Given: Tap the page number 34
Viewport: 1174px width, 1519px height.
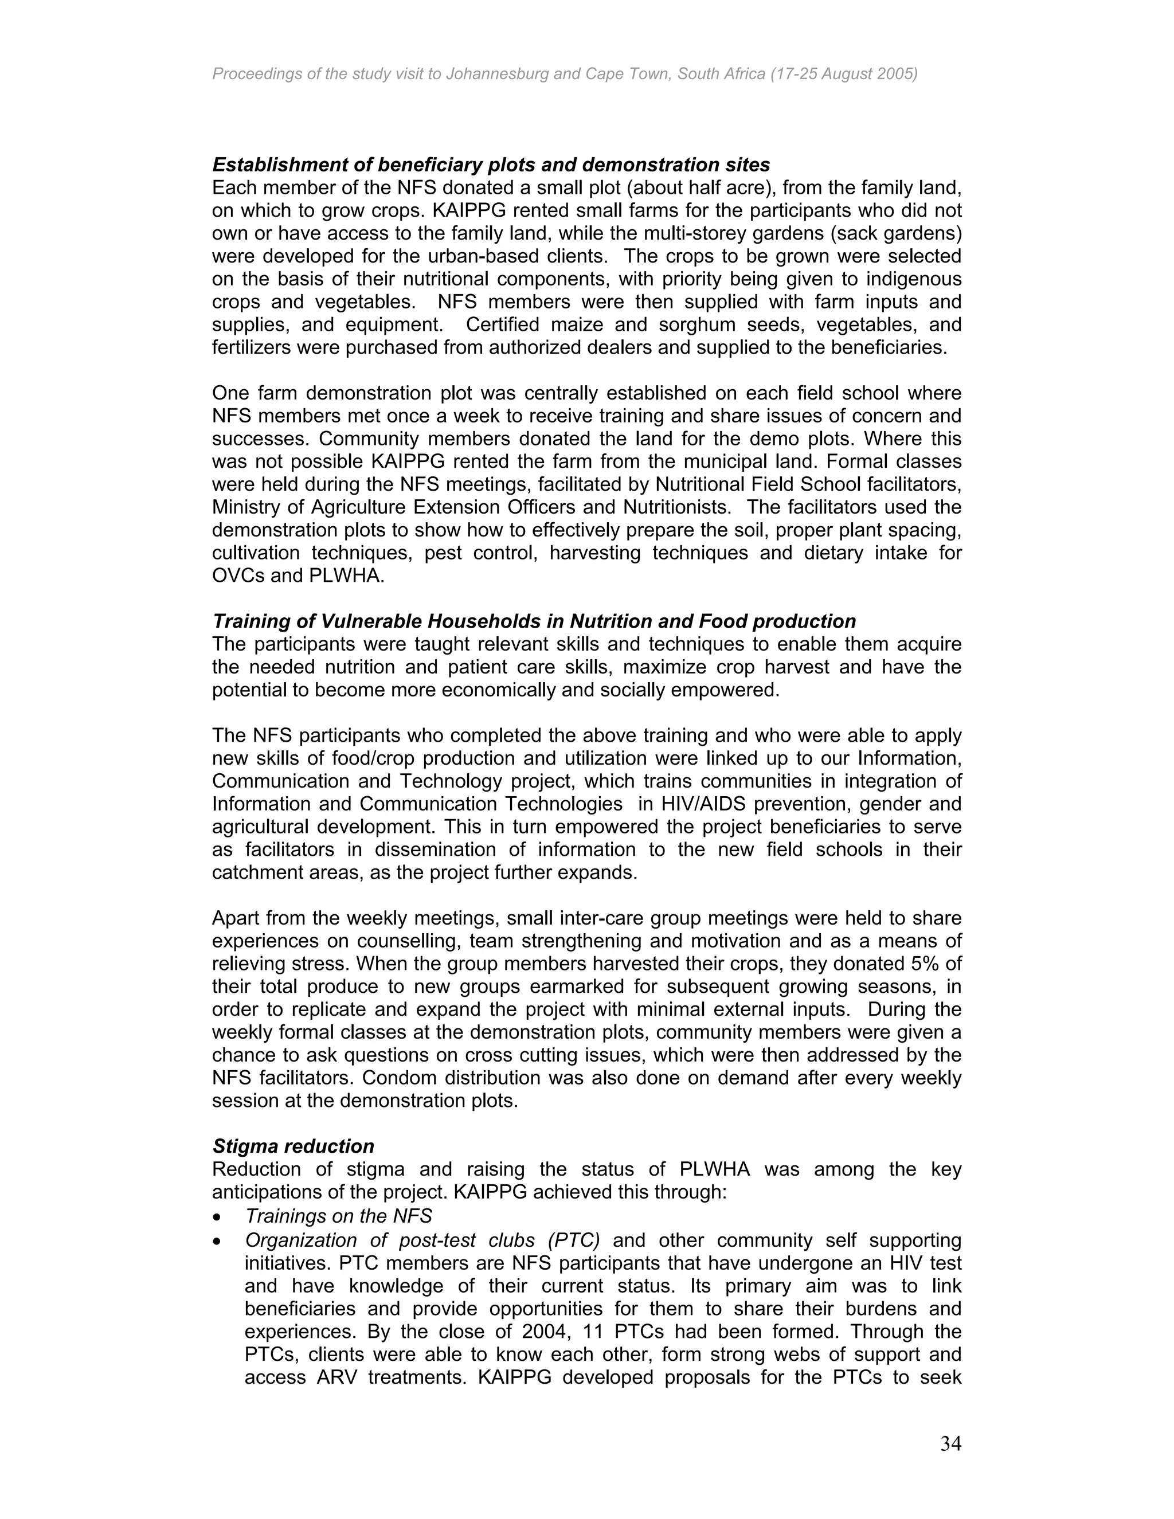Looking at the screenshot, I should point(951,1444).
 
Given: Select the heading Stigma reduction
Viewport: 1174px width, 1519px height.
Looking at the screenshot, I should point(293,1146).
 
